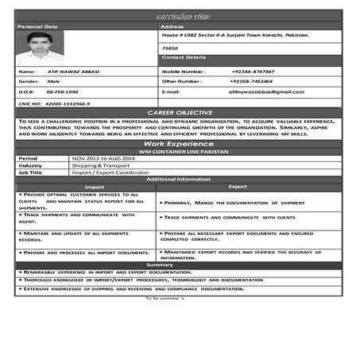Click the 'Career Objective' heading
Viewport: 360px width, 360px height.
click(x=180, y=113)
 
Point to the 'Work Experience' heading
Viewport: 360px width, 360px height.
click(x=180, y=143)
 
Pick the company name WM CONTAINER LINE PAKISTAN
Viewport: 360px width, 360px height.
click(x=180, y=151)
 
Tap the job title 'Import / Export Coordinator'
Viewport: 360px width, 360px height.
click(x=106, y=172)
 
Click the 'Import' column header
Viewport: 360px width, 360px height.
click(x=95, y=187)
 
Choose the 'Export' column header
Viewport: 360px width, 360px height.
click(x=238, y=187)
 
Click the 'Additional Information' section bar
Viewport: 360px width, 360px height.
click(x=180, y=180)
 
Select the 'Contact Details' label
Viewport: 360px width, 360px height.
click(x=184, y=57)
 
